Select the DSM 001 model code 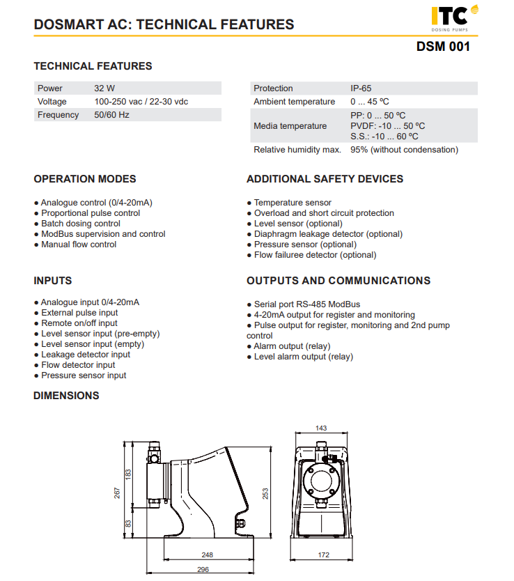[443, 47]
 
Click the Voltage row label [52, 102]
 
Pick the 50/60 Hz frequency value [111, 115]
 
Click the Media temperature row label [290, 126]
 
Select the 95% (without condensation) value [404, 150]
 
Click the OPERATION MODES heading [85, 179]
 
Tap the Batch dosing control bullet [80, 224]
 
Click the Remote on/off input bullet [79, 323]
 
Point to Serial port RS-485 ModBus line [306, 304]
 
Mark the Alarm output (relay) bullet [292, 346]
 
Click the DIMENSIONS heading [66, 396]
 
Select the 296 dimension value [203, 569]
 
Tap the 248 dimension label [207, 555]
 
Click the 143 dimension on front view [321, 428]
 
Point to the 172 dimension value [323, 555]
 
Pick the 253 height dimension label [266, 493]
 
